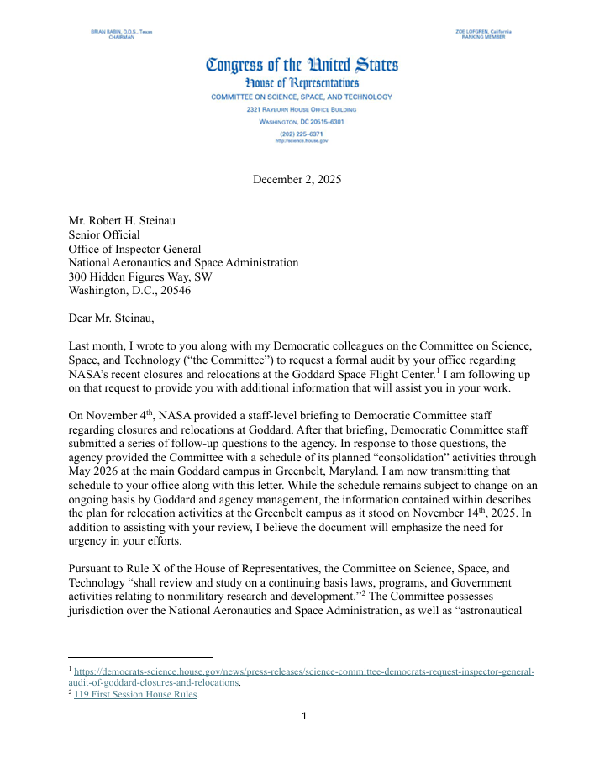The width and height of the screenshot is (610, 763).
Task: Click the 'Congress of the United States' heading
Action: click(x=302, y=65)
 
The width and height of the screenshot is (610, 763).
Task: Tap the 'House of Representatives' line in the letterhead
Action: click(x=302, y=82)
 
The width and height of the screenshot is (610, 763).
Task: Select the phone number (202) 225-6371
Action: click(x=302, y=134)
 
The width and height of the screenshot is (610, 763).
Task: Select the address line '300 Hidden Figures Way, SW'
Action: click(x=139, y=276)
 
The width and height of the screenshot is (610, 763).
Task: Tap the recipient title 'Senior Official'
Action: click(x=104, y=235)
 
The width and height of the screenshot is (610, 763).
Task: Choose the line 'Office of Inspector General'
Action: click(x=134, y=249)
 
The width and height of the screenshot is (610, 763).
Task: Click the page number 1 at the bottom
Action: click(x=304, y=717)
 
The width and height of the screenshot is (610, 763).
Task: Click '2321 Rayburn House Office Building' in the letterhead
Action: click(x=302, y=110)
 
